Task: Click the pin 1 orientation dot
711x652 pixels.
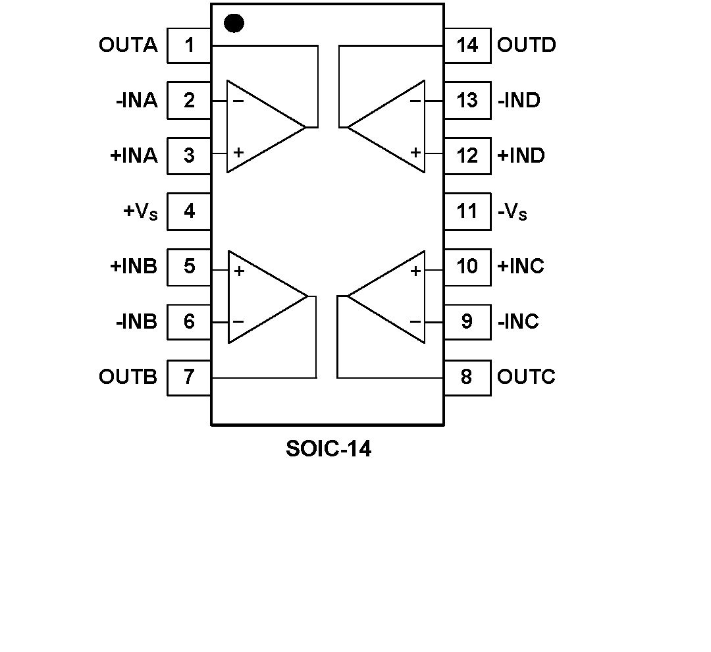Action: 234,24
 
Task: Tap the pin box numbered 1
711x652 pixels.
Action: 189,45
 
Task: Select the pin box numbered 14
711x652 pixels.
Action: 467,45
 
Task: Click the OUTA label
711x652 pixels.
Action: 128,45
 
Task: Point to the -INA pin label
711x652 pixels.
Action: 136,101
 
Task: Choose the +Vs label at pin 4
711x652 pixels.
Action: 140,212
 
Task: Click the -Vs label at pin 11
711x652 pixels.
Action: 512,212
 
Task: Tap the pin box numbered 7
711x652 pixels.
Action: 189,377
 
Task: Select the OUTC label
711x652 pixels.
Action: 526,377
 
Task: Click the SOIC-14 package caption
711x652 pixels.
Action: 329,449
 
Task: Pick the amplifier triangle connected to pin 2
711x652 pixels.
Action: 260,126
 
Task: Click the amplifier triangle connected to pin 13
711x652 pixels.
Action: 392,126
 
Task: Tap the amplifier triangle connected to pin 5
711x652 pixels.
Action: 261,297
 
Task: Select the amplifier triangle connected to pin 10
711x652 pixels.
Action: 392,297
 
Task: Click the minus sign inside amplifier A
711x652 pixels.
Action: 238,101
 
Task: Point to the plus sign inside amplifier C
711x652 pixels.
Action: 415,271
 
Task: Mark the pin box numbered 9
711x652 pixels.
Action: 467,322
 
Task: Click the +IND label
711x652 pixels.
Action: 521,156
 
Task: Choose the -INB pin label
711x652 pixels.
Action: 136,322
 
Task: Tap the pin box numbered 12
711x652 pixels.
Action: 467,156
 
